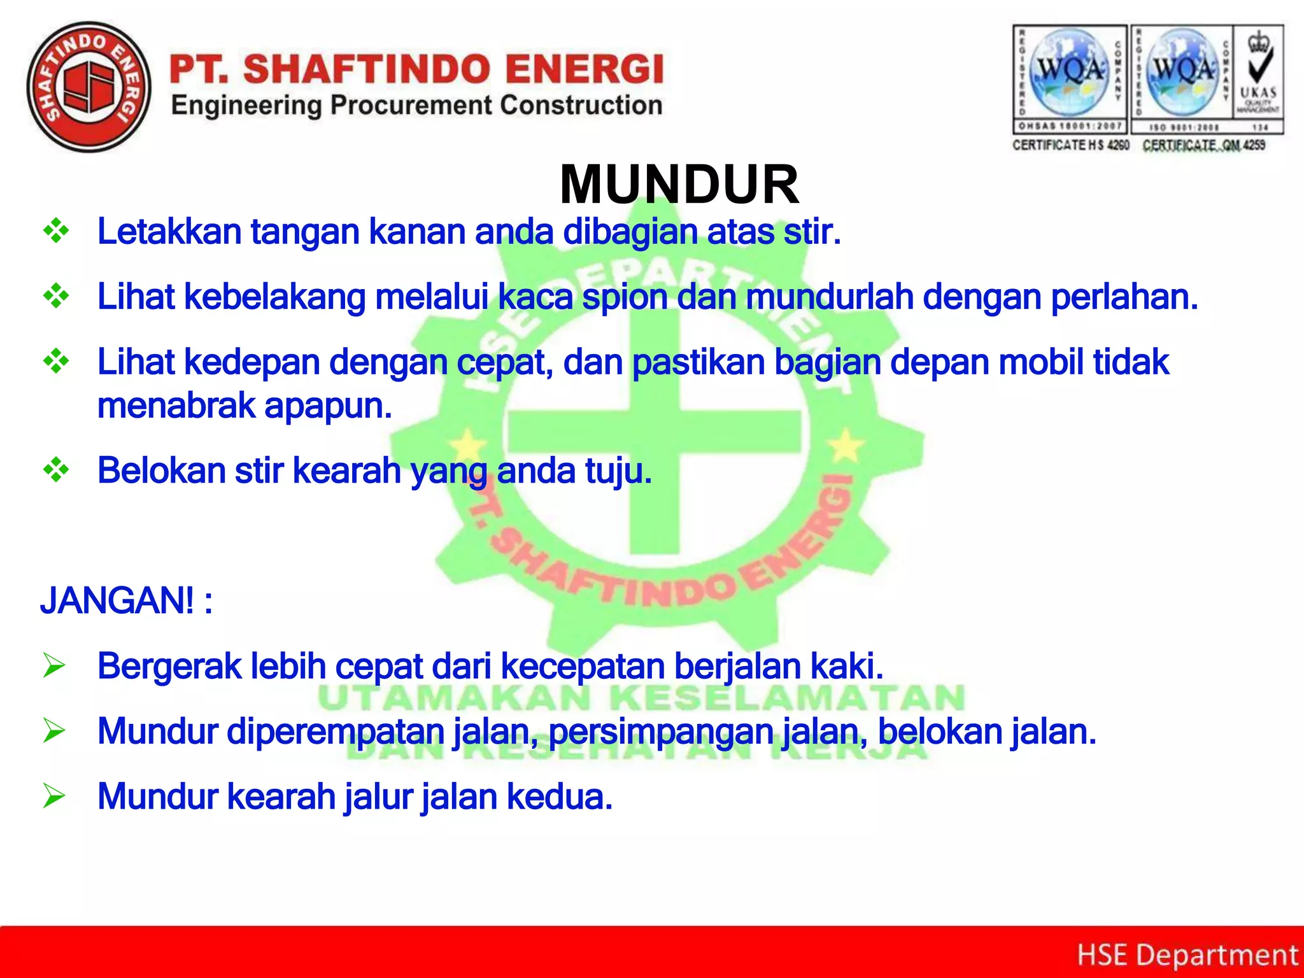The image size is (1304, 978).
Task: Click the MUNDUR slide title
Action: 679,185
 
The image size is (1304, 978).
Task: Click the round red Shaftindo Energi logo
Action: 89,87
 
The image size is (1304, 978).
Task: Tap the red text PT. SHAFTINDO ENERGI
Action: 417,69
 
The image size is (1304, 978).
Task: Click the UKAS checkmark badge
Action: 1258,80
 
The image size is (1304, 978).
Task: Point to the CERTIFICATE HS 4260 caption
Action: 1070,146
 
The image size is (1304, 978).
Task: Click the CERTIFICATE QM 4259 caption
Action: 1203,146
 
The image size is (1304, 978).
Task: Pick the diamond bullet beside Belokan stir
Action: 56,471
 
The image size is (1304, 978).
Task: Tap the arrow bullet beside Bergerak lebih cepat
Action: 55,666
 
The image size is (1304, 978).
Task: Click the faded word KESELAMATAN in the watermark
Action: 787,698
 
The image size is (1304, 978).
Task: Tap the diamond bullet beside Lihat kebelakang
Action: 56,297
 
